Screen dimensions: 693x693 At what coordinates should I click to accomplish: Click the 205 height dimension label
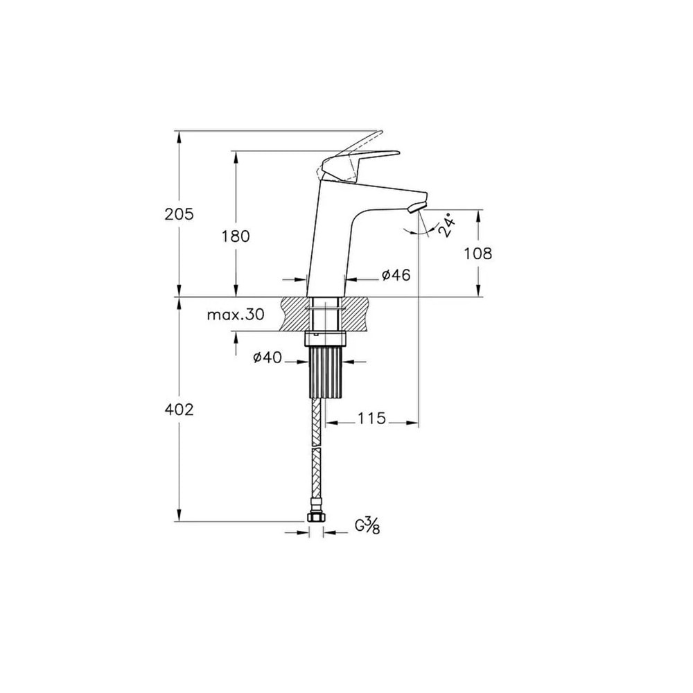179,214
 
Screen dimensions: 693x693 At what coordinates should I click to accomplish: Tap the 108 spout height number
477,254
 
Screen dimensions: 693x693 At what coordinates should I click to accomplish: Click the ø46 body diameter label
396,275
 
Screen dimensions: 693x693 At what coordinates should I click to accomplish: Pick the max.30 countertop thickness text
235,315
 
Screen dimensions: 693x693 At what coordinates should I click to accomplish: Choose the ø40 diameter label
267,358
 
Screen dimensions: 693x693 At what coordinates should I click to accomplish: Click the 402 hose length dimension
179,410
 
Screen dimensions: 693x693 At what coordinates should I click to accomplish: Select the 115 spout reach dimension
372,419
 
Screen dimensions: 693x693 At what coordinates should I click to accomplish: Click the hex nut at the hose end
316,517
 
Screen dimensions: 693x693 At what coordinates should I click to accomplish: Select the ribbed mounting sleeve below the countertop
325,371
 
